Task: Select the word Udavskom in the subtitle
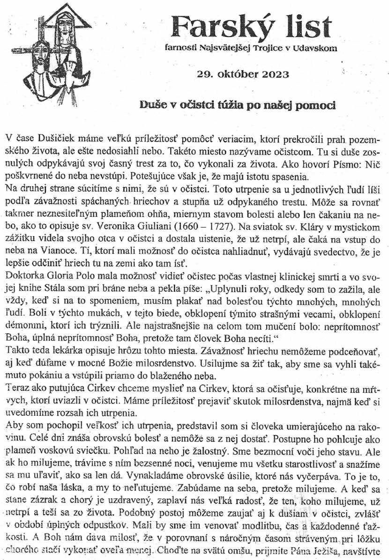314,47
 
